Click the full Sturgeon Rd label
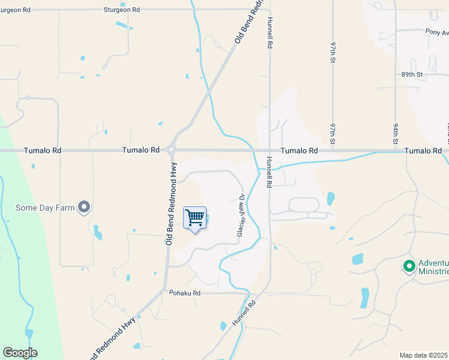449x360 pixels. tap(121, 10)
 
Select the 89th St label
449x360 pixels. tap(412, 74)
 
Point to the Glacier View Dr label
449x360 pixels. tap(241, 214)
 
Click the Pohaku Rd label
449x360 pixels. tap(184, 293)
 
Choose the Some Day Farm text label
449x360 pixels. tap(45, 209)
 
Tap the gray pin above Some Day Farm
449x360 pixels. tap(85, 208)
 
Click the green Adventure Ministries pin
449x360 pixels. tap(409, 265)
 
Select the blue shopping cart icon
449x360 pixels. tap(195, 218)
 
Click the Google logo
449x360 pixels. tap(20, 353)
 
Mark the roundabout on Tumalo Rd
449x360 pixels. tap(171, 150)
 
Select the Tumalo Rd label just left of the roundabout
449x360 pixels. tap(141, 150)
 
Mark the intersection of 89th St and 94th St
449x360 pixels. tap(395, 74)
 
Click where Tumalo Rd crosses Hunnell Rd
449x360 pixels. tap(270, 151)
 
